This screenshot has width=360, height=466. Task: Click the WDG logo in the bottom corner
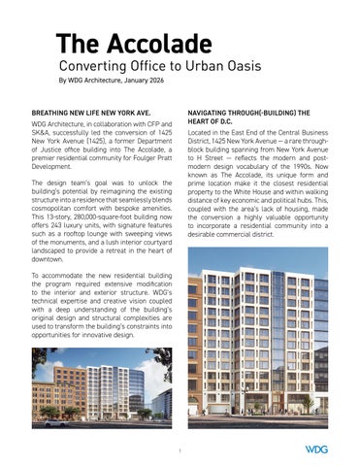(x=316, y=449)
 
